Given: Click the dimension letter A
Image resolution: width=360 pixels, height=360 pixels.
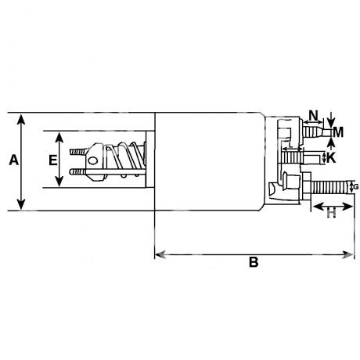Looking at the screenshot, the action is pos(14,160).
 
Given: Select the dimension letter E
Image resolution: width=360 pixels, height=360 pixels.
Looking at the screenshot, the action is pos(53,160).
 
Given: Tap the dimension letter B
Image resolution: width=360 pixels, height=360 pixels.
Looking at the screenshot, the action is pos(254,262).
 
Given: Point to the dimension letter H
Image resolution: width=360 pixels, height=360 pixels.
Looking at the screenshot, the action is pos(332,213).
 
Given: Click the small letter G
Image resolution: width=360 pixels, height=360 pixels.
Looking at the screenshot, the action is pos(356,187).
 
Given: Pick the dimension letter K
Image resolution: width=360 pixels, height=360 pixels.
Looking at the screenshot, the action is pos(331,158).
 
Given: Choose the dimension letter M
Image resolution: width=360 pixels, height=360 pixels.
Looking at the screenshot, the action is pos(338,132).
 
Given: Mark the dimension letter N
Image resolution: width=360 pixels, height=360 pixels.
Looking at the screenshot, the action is pos(314,115).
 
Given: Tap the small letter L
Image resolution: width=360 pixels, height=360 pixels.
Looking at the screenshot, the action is pos(290,145).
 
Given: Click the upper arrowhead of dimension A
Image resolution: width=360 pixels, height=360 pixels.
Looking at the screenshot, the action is pos(21,119).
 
